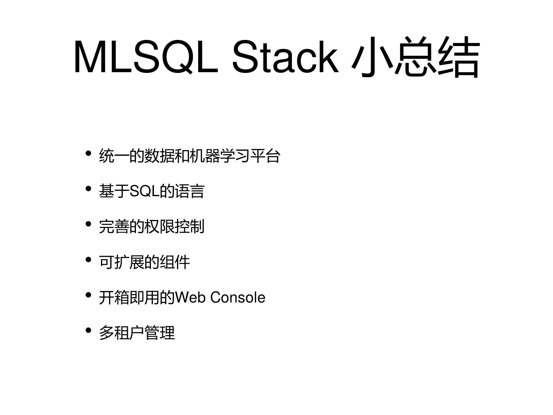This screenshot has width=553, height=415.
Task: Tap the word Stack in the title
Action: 285,57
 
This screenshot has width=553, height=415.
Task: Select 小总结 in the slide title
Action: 416,57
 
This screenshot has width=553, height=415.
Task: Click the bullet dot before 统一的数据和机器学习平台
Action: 88,154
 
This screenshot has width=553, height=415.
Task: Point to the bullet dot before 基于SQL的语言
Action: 88,189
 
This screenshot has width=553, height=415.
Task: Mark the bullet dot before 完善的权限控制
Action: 88,224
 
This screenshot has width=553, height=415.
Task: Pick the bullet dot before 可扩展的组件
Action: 88,260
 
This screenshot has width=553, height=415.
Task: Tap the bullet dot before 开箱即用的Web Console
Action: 88,295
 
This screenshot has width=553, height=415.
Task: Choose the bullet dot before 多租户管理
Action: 88,331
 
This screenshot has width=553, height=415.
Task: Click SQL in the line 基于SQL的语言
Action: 144,191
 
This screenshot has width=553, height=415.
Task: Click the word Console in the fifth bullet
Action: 238,298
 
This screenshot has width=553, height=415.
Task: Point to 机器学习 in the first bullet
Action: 220,156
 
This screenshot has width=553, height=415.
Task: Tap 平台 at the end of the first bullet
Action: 265,156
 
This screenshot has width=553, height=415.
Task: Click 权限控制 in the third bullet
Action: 174,227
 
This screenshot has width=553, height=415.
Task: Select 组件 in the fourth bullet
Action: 175,262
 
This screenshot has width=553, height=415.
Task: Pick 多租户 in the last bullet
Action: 121,333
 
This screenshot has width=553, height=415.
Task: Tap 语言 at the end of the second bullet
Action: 190,191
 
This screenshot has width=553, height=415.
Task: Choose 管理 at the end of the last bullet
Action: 160,333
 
